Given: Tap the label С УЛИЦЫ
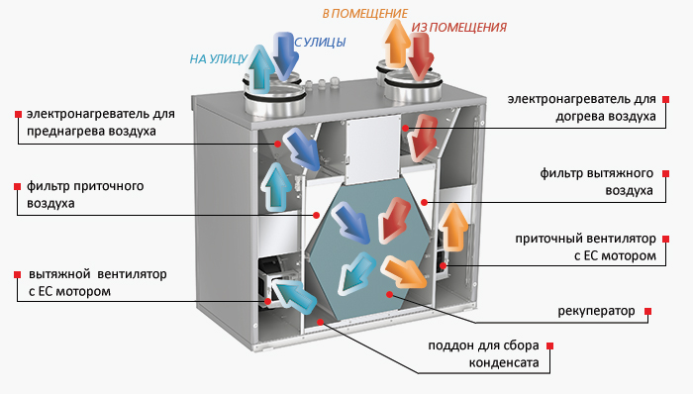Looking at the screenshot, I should pyautogui.click(x=320, y=42).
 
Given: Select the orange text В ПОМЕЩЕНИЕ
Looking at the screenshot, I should pyautogui.click(x=364, y=13).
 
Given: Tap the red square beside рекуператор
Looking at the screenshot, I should pyautogui.click(x=648, y=311).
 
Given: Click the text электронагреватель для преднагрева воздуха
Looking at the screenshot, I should pyautogui.click(x=93, y=123).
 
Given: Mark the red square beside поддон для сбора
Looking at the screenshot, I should pyautogui.click(x=550, y=346).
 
